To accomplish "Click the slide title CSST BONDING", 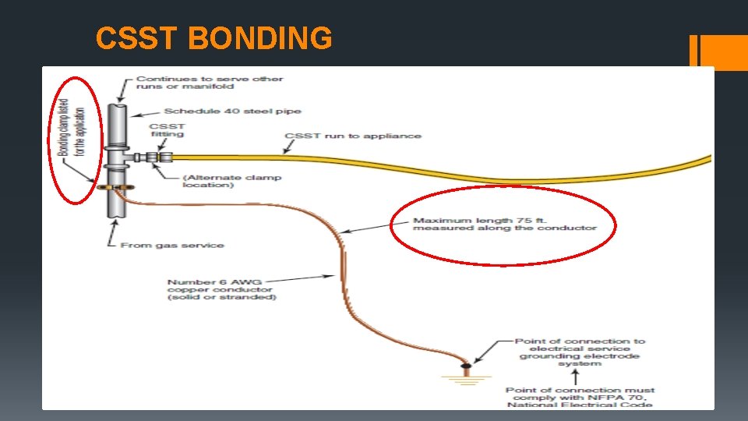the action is (x=213, y=37).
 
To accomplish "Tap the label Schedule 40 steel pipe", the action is (x=232, y=111).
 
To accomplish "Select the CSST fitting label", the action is (x=167, y=129).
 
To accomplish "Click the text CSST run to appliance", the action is (x=352, y=136).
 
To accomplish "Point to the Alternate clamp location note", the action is (x=231, y=182).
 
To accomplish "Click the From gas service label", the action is (x=171, y=246).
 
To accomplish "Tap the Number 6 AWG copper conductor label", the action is (x=221, y=289).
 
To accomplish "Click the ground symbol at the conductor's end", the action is (x=466, y=379).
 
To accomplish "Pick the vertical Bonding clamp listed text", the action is (x=72, y=126).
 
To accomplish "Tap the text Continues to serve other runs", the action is (x=210, y=83).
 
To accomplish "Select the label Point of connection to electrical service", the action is (x=580, y=352).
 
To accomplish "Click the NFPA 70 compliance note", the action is (x=580, y=397).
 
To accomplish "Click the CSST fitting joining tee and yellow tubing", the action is (x=155, y=157).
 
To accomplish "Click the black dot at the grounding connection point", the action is (x=466, y=364).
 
